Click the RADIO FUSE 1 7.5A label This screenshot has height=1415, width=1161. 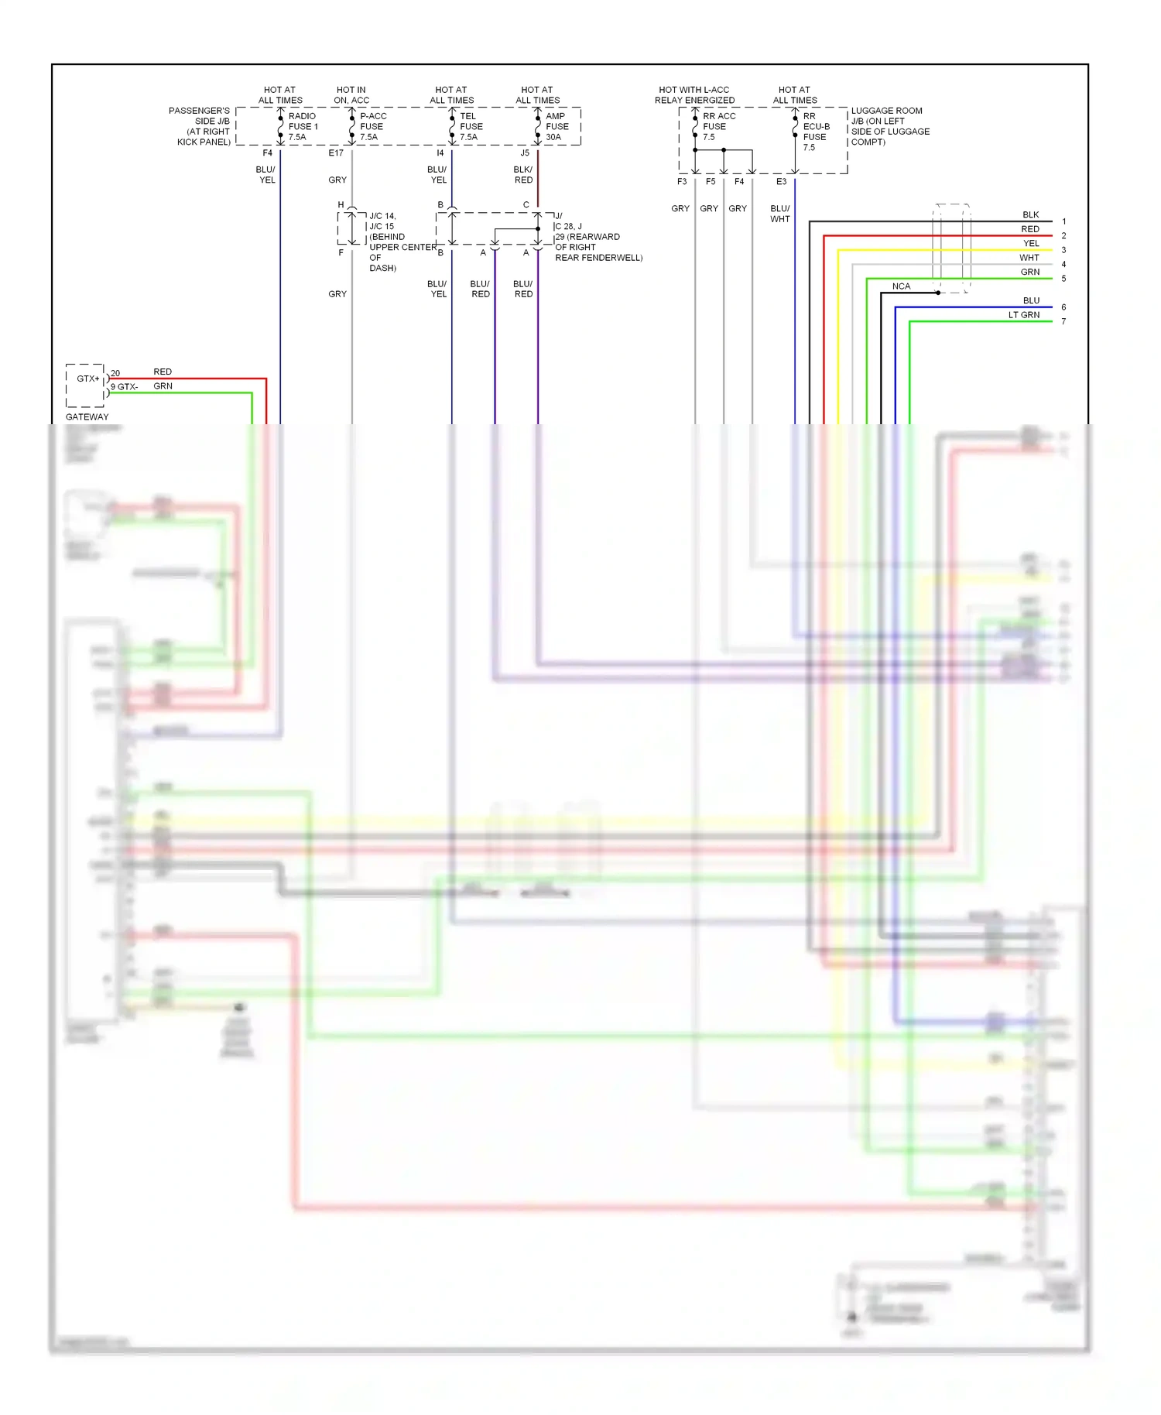303,126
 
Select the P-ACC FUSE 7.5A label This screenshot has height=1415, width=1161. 372,126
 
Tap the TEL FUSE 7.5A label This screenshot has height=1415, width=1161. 471,126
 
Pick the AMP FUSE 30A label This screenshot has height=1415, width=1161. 557,126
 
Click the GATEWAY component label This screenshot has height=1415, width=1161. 87,416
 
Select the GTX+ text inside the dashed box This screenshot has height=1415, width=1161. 87,379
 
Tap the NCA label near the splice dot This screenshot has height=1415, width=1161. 901,286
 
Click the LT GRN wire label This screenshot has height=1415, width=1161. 1023,315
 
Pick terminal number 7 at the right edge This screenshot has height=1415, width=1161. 1063,321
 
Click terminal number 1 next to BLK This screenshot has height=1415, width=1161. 1063,221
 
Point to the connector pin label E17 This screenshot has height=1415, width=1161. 336,153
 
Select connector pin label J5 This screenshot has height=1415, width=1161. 525,153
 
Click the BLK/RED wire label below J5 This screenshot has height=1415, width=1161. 523,174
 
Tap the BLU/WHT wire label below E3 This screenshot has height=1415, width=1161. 780,214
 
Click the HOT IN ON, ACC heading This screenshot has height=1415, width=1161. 351,94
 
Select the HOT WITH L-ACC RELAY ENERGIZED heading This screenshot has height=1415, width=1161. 694,94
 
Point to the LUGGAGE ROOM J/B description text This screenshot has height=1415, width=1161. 889,126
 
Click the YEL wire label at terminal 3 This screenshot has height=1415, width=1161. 1031,243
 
